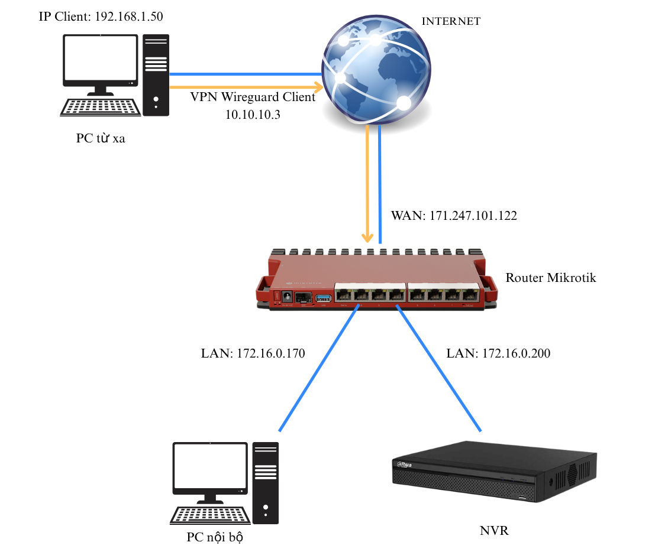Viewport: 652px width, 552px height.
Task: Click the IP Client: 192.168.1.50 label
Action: point(101,17)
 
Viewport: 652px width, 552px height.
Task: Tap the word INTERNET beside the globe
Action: point(450,21)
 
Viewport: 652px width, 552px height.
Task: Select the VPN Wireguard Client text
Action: point(253,98)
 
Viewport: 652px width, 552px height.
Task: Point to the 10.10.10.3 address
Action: point(253,115)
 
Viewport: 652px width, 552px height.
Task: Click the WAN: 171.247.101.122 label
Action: point(454,216)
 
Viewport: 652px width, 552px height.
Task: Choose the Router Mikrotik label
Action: point(550,277)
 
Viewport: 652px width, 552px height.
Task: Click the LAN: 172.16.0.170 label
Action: point(253,354)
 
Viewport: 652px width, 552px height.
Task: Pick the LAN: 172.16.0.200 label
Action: point(498,354)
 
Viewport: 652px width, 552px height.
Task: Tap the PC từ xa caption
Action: point(101,138)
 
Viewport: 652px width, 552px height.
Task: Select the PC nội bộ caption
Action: point(215,538)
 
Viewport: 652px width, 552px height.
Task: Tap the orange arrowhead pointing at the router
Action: point(368,238)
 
